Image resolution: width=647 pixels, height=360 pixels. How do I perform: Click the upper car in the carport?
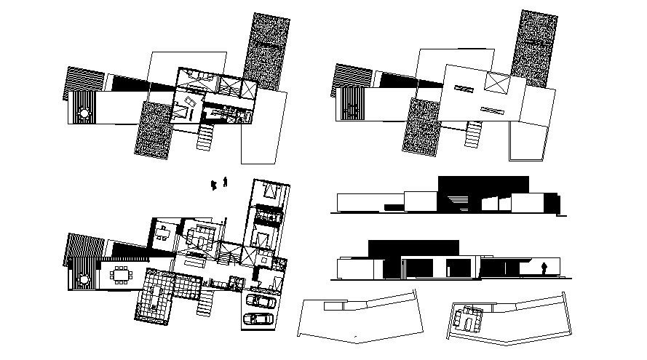point(260,300)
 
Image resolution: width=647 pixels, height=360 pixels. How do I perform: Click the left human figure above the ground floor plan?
point(214,185)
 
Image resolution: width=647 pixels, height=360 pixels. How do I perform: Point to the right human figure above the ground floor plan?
point(226,181)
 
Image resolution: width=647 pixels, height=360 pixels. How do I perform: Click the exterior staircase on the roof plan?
point(474,133)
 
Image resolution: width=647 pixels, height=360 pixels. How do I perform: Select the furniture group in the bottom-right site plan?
point(466,319)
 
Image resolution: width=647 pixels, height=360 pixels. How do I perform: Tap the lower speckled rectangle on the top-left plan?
point(152,129)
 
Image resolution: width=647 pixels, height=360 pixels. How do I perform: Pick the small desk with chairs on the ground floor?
point(163,231)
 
